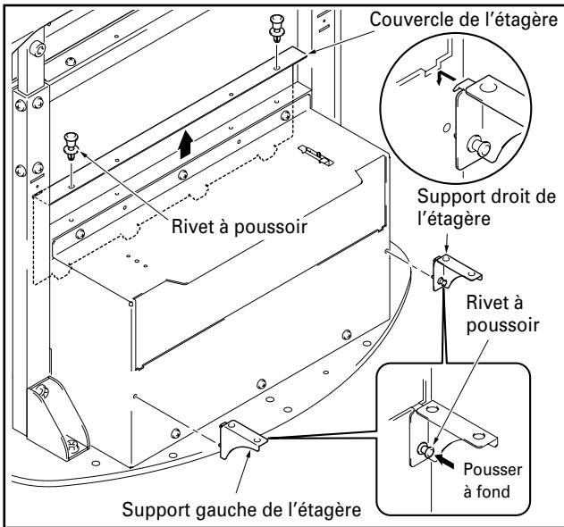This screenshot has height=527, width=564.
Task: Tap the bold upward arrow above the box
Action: coord(185,141)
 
